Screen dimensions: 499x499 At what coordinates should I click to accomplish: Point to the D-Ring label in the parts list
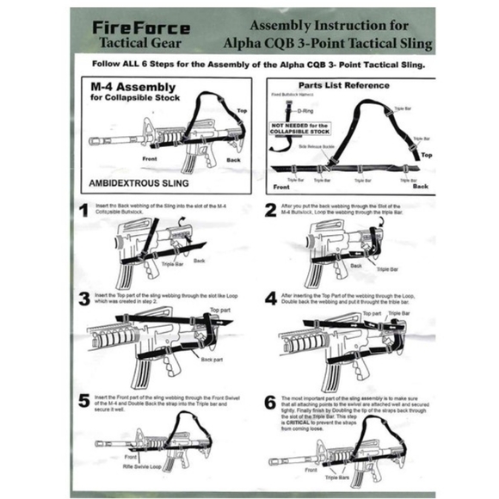pyautogui.click(x=304, y=109)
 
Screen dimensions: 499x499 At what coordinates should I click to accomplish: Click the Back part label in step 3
pyautogui.click(x=212, y=359)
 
